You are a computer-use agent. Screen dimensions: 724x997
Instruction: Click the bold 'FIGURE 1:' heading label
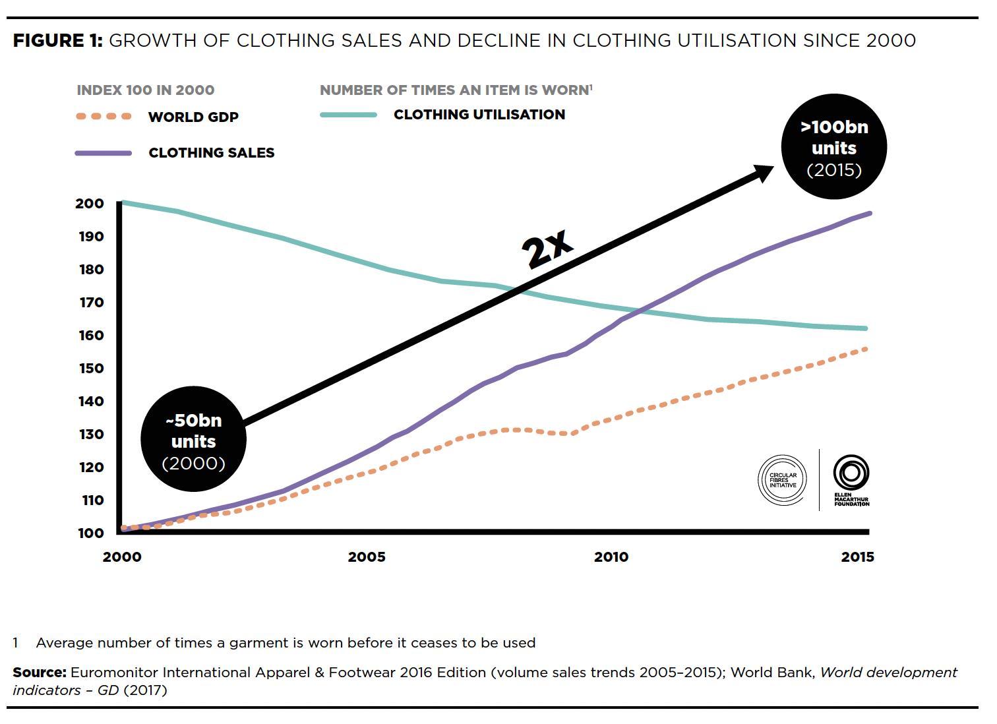pyautogui.click(x=57, y=41)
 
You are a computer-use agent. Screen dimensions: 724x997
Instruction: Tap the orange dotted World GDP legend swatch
pyautogui.click(x=104, y=117)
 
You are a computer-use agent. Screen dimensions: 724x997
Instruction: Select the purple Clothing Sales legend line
pyautogui.click(x=104, y=153)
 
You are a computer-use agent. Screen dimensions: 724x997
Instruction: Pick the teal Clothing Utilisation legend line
pyautogui.click(x=348, y=115)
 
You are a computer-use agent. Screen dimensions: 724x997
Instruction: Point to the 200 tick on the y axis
pyautogui.click(x=89, y=204)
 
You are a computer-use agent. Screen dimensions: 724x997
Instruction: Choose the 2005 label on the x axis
pyautogui.click(x=367, y=557)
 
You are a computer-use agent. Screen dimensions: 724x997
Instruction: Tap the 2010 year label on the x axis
pyautogui.click(x=611, y=557)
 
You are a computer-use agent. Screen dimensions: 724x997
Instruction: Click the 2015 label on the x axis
pyautogui.click(x=857, y=557)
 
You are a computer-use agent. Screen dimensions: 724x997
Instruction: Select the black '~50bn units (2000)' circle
pyautogui.click(x=193, y=439)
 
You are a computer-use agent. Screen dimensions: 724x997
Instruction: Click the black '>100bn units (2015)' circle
pyautogui.click(x=834, y=147)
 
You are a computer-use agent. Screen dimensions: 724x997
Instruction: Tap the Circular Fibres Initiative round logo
pyautogui.click(x=783, y=480)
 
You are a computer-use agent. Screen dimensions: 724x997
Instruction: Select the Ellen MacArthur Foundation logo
pyautogui.click(x=851, y=480)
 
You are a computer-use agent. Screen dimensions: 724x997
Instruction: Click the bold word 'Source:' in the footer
pyautogui.click(x=40, y=673)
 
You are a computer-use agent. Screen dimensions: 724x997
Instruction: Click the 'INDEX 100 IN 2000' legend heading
pyautogui.click(x=145, y=90)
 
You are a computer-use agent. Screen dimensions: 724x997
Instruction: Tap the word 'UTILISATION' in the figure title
pyautogui.click(x=739, y=41)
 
